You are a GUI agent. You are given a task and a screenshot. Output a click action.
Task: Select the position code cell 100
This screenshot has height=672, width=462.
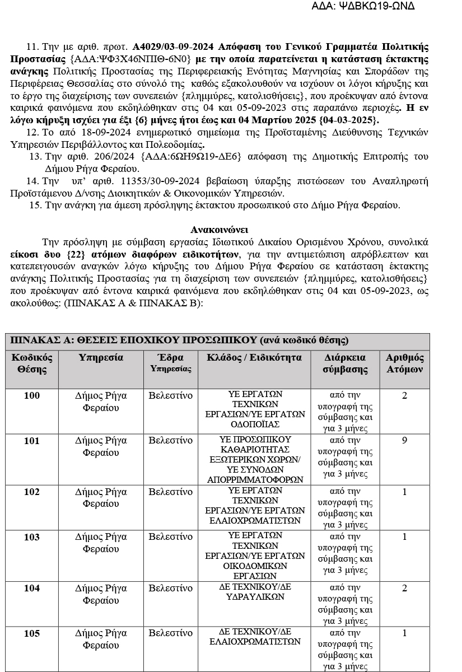[x=32, y=395]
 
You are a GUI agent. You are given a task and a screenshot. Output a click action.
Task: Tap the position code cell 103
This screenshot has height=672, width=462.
[x=32, y=537]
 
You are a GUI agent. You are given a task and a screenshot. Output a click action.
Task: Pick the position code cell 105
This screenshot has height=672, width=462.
[x=32, y=633]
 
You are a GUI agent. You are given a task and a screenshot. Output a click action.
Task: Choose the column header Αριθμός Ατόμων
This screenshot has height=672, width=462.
[x=405, y=363]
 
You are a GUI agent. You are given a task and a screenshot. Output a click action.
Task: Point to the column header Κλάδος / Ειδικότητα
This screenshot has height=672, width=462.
[x=254, y=358]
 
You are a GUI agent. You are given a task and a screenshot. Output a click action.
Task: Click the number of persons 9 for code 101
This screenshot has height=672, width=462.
[x=404, y=441]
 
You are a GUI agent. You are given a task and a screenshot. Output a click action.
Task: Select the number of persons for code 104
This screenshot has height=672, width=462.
[x=404, y=588]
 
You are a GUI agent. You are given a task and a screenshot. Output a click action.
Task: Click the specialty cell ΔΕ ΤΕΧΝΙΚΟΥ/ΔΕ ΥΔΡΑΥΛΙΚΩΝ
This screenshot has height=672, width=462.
[x=255, y=592]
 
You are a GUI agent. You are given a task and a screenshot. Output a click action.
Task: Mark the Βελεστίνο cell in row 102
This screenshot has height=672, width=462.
[x=170, y=492]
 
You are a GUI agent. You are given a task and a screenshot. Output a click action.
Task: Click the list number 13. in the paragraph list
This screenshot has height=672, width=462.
[x=35, y=157]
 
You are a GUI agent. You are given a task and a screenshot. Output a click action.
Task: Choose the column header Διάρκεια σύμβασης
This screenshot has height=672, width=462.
[x=346, y=363]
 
